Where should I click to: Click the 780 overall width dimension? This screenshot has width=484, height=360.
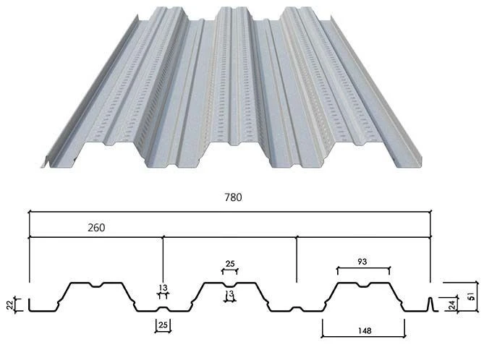click(x=233, y=197)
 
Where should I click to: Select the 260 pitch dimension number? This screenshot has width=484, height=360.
click(x=96, y=228)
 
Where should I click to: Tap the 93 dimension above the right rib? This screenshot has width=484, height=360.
click(x=362, y=262)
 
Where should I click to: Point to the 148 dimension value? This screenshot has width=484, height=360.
click(x=365, y=331)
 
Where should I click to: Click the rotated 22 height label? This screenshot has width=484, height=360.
click(x=10, y=305)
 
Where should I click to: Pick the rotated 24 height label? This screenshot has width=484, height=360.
click(x=451, y=305)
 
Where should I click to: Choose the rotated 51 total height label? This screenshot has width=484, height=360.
click(x=471, y=297)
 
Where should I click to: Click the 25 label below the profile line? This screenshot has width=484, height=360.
click(x=163, y=325)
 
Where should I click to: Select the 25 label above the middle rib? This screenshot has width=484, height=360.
click(x=230, y=264)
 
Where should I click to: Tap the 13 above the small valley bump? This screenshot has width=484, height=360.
click(x=163, y=288)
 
